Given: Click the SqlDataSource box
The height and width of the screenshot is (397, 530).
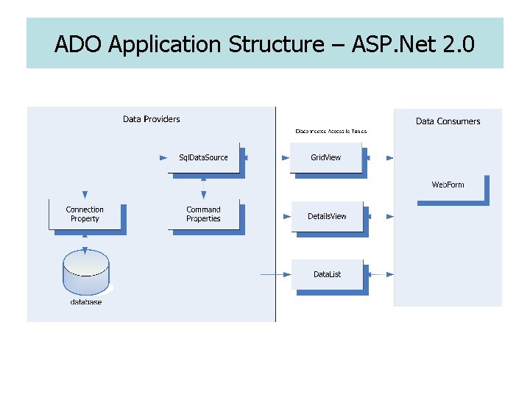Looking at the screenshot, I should tap(204, 158).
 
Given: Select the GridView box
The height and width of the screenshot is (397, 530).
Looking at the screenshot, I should tap(326, 158).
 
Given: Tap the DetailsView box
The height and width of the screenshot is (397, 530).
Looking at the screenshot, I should tap(327, 216).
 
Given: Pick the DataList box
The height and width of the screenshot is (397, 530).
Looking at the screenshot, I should tap(327, 274).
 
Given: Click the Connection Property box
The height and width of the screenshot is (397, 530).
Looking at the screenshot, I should tap(85, 214).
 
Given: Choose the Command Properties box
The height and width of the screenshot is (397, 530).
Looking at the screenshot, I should tap(204, 214).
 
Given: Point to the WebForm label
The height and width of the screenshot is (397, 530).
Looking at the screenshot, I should tap(448, 185).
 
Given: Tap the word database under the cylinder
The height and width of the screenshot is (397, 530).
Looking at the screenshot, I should tap(86, 303).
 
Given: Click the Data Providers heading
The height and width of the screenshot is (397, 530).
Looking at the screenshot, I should tap(151, 119).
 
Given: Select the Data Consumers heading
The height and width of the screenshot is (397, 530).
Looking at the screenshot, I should tap(448, 121).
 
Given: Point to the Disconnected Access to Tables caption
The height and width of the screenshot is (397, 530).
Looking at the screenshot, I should tap(331, 131).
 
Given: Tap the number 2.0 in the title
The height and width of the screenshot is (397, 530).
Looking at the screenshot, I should tap(459, 45).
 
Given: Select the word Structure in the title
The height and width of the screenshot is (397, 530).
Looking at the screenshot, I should tap(275, 45).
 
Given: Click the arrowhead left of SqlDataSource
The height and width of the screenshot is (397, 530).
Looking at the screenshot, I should tap(164, 157).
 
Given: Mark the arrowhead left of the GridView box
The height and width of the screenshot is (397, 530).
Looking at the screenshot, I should tap(286, 157).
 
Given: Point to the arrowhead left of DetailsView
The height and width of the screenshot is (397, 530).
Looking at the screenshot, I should tap(288, 216).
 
